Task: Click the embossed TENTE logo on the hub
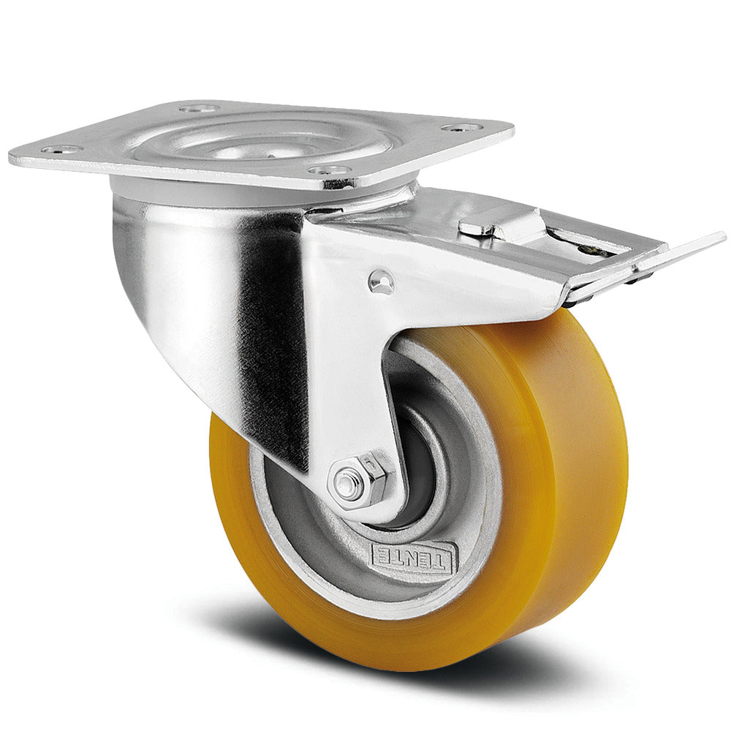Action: click(413, 557)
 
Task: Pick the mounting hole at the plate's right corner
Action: click(461, 128)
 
